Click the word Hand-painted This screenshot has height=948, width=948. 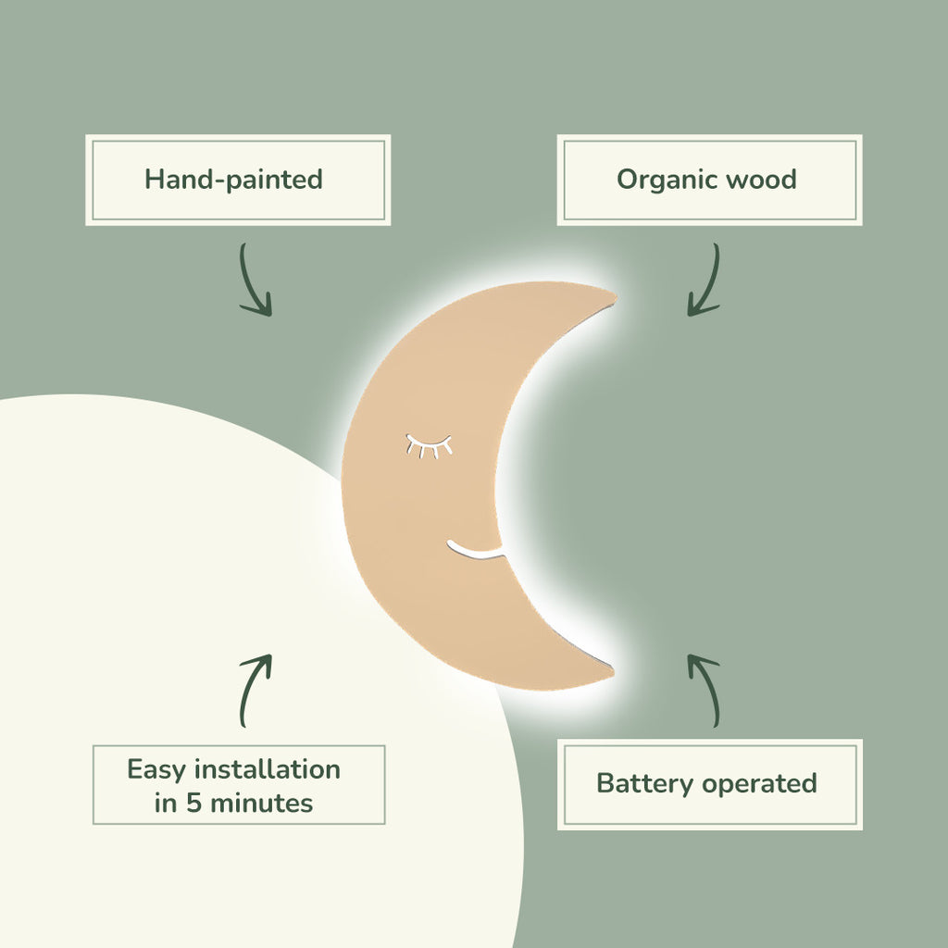[233, 179]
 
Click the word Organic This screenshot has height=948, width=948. [658, 180]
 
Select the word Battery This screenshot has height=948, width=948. [645, 784]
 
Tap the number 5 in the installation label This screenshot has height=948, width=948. [193, 803]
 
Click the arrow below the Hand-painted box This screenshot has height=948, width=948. [255, 281]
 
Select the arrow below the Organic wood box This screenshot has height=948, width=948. [705, 281]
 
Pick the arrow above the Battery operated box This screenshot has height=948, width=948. [705, 690]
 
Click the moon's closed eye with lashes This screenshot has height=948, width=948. [429, 446]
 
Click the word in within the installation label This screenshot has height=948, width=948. [165, 803]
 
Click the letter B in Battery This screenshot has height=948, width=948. [605, 783]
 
